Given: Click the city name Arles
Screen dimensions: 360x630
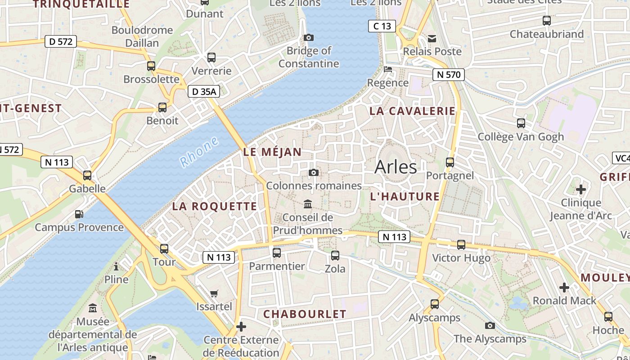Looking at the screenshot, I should coord(396,167).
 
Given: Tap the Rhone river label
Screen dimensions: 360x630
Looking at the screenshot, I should coord(198,152).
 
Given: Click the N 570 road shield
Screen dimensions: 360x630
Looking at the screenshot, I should coord(449,75).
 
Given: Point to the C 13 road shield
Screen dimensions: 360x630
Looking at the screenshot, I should coord(382,26).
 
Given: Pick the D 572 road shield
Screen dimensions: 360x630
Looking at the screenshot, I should coord(61,42).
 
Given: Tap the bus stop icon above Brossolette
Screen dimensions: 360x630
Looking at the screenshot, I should coord(151,66).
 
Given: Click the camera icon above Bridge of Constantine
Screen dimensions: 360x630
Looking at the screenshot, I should coord(309,38).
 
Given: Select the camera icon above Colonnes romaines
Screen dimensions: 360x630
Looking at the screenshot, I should coord(314,173).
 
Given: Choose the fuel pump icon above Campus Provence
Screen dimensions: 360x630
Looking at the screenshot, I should coord(79,214).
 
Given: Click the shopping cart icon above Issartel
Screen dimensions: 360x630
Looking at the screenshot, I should coord(214,293).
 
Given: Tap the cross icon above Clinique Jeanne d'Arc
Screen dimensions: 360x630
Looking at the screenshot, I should coord(581,189).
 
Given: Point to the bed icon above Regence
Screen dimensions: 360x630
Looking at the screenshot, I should coord(388,69).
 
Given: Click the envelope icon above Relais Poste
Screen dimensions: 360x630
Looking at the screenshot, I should coord(432,39).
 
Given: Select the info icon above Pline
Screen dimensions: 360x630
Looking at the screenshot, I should coord(116,266).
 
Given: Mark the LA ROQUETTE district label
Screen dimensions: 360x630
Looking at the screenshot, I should coord(215,207).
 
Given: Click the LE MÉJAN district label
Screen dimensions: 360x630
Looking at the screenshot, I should coord(272,152).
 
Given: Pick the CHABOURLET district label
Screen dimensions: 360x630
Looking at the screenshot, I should coord(305,314).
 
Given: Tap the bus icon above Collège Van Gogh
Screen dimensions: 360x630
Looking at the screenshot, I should coord(521,123).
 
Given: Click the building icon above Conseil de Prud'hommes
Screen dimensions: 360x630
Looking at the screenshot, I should coord(308,204).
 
